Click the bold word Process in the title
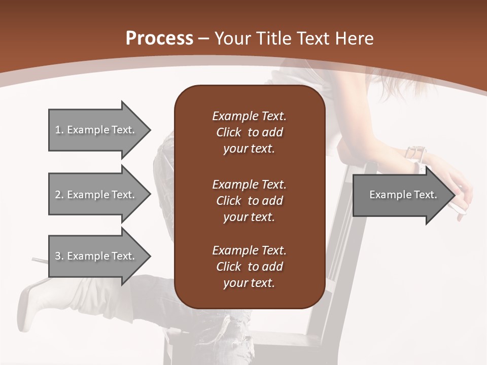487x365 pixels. (159, 39)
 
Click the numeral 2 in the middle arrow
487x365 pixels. (58, 195)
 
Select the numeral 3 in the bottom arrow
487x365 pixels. (58, 256)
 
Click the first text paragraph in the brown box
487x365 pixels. (249, 132)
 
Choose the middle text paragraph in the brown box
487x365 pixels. (249, 201)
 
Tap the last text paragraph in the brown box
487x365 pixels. (249, 267)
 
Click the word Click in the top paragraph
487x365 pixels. (229, 132)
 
